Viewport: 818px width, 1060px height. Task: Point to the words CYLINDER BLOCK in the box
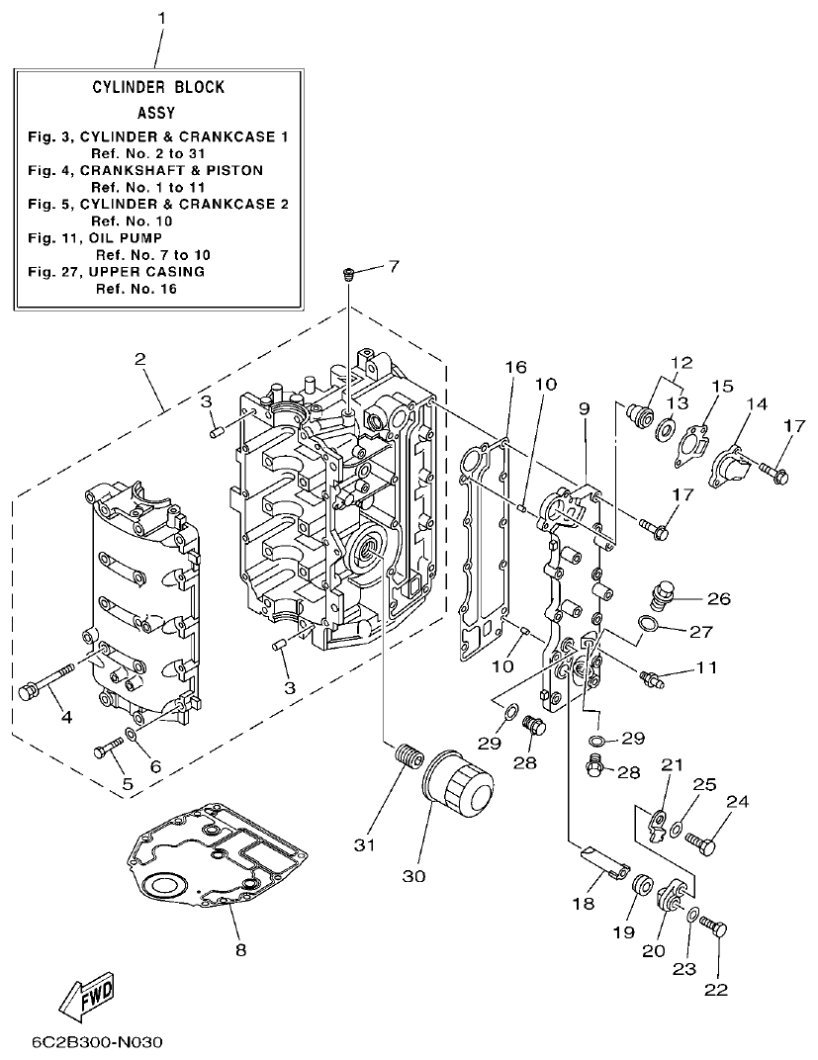[x=159, y=87]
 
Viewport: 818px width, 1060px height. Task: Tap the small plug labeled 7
[x=348, y=274]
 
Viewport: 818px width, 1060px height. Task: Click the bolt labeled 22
[x=712, y=928]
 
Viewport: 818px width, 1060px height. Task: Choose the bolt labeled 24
[x=701, y=843]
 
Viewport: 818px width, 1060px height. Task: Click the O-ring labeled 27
[x=647, y=624]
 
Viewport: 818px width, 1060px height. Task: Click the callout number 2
[x=141, y=358]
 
